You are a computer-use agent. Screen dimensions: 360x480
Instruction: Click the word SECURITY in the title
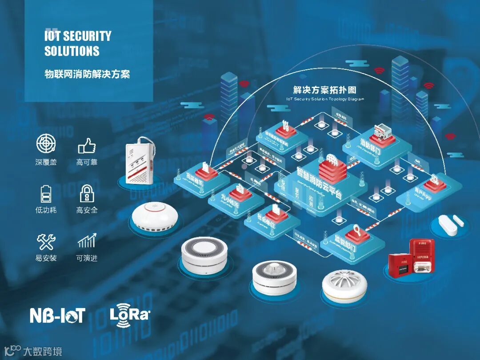point(87,36)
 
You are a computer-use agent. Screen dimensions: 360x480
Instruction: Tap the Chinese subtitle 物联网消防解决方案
point(87,74)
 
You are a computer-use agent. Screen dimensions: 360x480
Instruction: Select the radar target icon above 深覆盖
point(46,144)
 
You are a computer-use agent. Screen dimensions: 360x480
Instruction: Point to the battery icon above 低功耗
point(46,194)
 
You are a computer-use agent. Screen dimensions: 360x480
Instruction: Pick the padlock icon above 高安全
point(87,194)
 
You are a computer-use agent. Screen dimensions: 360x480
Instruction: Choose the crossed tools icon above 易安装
point(46,242)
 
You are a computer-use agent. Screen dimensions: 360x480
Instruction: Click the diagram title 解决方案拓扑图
point(325,90)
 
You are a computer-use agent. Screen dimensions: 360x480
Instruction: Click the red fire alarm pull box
point(398,264)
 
